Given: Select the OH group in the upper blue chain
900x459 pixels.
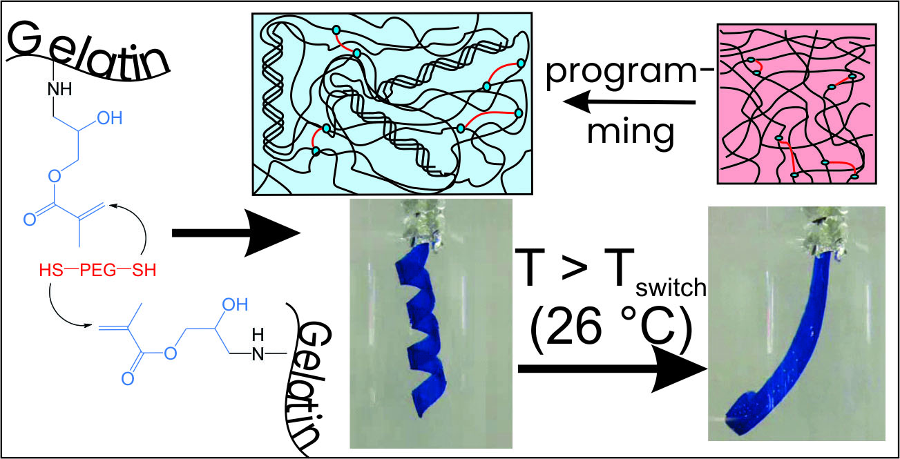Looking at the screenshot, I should point(108,118).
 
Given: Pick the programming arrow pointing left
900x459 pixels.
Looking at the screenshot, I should point(629,103).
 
